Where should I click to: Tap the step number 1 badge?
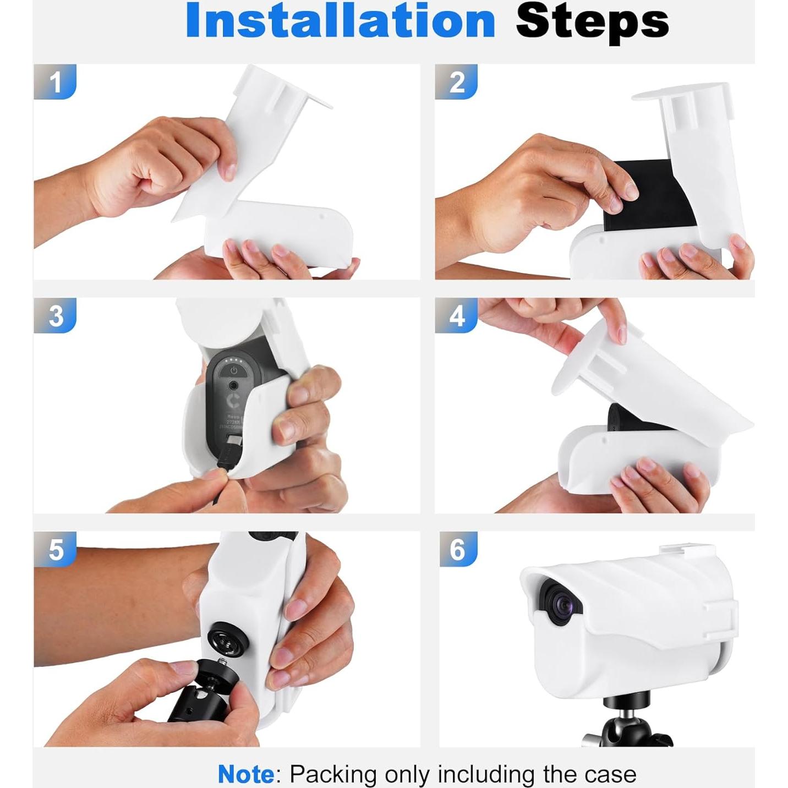pos(55,82)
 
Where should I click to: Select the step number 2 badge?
pos(457,82)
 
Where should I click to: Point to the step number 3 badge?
pos(55,316)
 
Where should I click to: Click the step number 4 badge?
pos(457,316)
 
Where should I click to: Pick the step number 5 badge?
pos(55,549)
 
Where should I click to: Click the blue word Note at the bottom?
pos(246,774)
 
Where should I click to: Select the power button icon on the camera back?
pos(234,370)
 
